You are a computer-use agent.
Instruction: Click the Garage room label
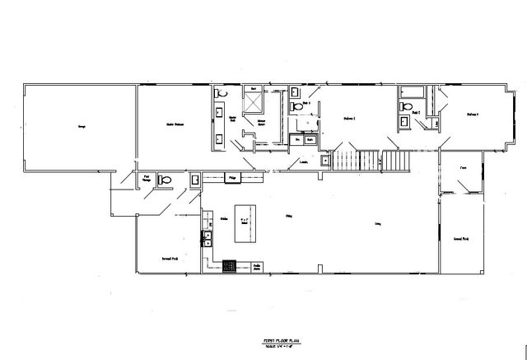pyautogui.click(x=82, y=128)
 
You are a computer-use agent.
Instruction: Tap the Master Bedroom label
pyautogui.click(x=173, y=124)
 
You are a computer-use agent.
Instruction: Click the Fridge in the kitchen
pyautogui.click(x=233, y=178)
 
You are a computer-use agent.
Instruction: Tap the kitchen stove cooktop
pyautogui.click(x=230, y=265)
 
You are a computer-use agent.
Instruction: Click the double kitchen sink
pyautogui.click(x=208, y=240)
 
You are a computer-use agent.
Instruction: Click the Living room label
pyautogui.click(x=378, y=224)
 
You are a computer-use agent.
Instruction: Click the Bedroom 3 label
pyautogui.click(x=473, y=115)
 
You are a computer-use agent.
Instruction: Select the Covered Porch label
pyautogui.click(x=461, y=239)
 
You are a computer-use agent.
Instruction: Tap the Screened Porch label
pyautogui.click(x=170, y=259)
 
